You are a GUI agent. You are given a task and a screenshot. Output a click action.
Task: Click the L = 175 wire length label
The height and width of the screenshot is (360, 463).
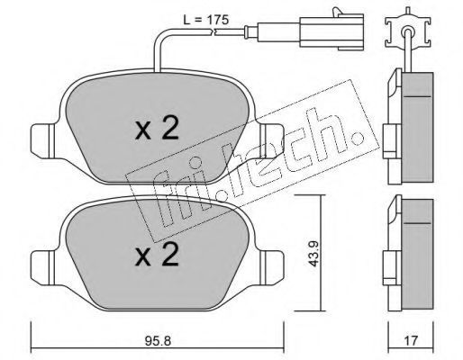coord(206,20)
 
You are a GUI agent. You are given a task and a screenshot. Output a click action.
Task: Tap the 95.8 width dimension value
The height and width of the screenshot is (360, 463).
coord(158,340)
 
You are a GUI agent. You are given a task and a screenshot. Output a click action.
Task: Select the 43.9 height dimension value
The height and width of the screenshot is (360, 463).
coord(313,254)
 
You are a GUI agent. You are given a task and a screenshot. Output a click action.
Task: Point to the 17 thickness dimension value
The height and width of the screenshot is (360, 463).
coord(411,340)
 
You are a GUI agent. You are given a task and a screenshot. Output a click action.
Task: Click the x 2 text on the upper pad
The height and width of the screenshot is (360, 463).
coord(157,130)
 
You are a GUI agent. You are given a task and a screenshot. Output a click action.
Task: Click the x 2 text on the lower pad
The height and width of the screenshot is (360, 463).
coord(157,255)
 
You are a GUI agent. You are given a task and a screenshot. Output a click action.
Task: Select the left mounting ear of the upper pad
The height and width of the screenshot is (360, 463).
coord(42,141)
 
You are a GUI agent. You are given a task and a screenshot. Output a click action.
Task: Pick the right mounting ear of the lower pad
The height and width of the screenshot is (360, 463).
coord(272,267)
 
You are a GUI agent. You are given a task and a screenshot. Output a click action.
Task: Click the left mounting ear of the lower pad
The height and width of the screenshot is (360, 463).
coord(42,267)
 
